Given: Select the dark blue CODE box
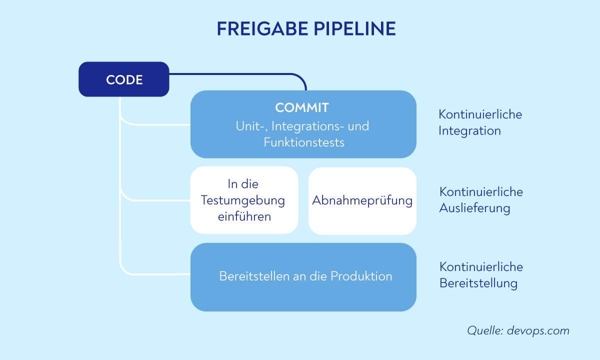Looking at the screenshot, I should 124,79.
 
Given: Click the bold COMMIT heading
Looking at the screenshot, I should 302,107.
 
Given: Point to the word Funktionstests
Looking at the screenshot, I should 304,142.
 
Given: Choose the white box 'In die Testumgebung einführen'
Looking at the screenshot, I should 244,200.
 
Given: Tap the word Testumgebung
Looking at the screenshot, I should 243,200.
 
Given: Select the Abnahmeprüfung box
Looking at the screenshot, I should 362,200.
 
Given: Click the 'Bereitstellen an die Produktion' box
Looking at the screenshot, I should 303,276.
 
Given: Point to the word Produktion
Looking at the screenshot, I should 361,276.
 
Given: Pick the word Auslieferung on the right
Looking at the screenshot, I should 474,208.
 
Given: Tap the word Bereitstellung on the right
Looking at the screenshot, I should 478,283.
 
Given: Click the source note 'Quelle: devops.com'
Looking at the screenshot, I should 518,330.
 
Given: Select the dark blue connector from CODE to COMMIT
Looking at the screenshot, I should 240,74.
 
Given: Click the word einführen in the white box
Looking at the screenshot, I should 244,217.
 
